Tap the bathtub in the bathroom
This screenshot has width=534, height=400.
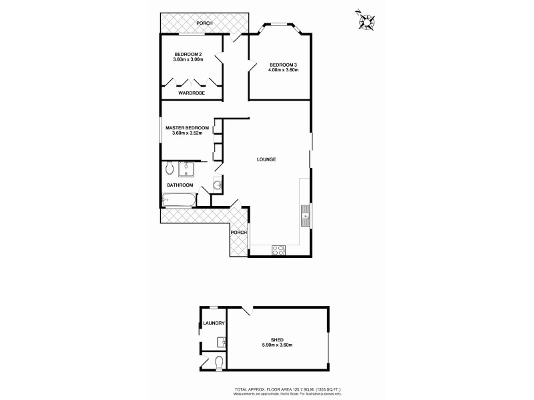[179, 199]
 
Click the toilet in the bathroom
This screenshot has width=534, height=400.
[170, 167]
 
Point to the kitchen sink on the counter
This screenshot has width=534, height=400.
[304, 213]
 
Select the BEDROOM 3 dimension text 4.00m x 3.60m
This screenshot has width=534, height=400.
[283, 69]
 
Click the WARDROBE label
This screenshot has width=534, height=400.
[191, 93]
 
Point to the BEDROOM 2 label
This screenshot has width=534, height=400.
[188, 54]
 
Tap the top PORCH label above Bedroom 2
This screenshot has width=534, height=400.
[204, 24]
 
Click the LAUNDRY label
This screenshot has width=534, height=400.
[214, 323]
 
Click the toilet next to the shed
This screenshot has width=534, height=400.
[220, 363]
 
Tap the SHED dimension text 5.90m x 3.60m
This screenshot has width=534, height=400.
[277, 345]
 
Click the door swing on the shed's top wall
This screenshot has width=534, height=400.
[247, 310]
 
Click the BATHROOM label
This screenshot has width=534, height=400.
[180, 185]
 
